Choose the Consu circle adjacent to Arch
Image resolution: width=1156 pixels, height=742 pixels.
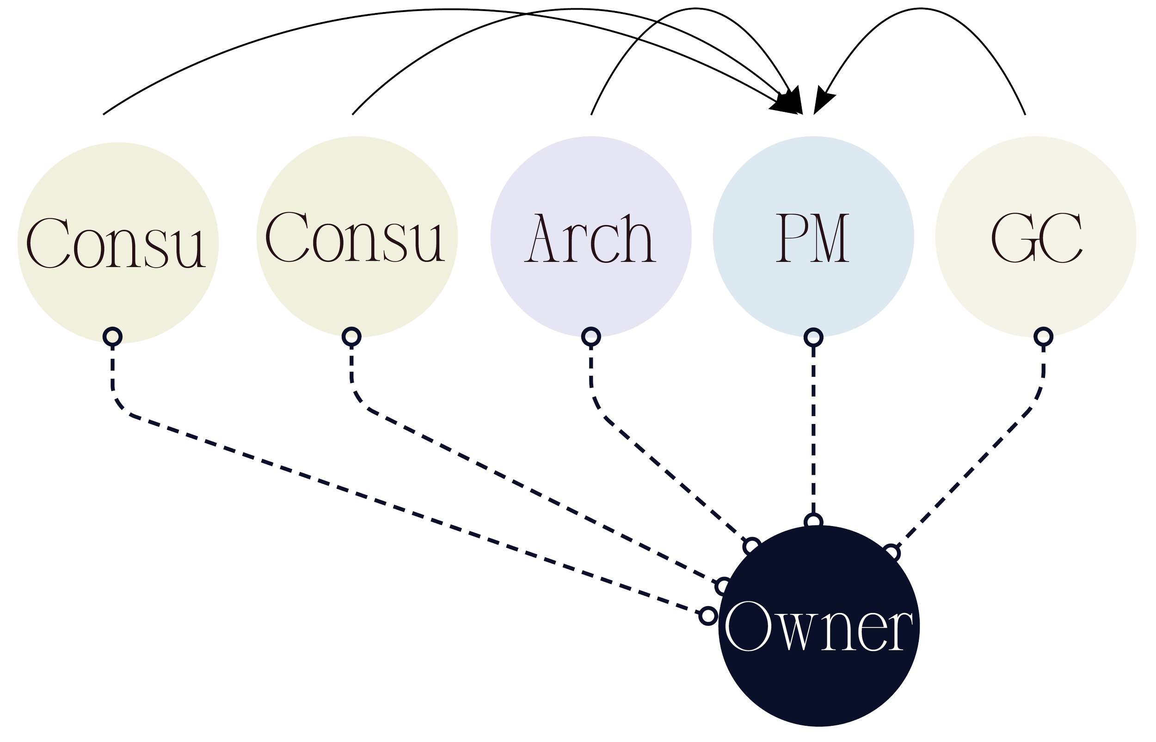tap(357, 193)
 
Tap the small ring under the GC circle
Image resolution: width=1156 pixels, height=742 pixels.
tap(1043, 336)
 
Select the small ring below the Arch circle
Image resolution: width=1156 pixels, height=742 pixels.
tap(591, 336)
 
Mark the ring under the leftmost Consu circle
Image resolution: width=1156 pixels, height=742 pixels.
tap(113, 336)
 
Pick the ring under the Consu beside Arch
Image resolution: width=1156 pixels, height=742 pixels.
tap(351, 336)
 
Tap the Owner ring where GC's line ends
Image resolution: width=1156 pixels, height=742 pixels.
tap(892, 552)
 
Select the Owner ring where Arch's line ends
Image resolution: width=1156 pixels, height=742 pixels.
tap(752, 546)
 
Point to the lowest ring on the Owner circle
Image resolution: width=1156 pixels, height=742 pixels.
tap(707, 616)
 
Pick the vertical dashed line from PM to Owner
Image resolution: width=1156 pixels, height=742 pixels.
tap(813, 429)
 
